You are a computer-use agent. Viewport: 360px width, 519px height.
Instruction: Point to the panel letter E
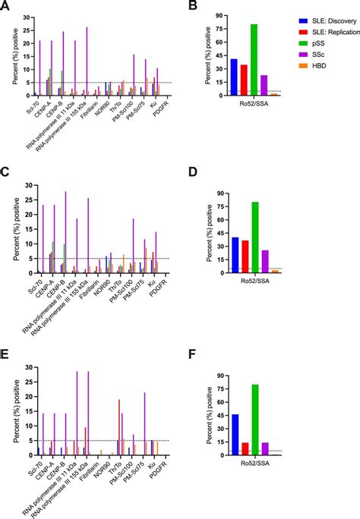(5, 349)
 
